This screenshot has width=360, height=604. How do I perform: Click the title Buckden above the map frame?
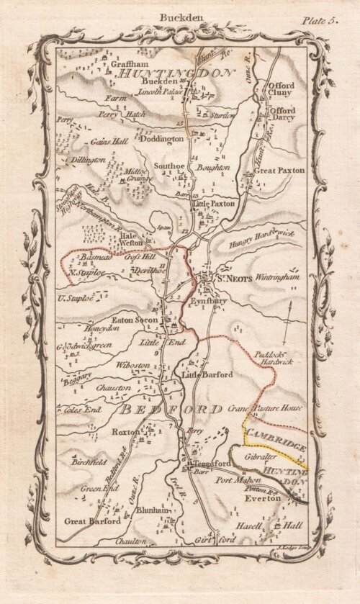click(x=179, y=14)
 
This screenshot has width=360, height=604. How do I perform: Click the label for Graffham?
click(x=129, y=63)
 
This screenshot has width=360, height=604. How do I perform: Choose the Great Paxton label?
click(x=280, y=171)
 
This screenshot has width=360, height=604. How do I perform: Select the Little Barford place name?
click(x=207, y=375)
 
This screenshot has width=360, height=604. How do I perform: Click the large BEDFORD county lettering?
click(x=169, y=409)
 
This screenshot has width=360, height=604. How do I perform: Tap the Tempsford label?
click(x=210, y=464)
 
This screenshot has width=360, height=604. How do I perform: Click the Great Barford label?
click(x=93, y=521)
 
